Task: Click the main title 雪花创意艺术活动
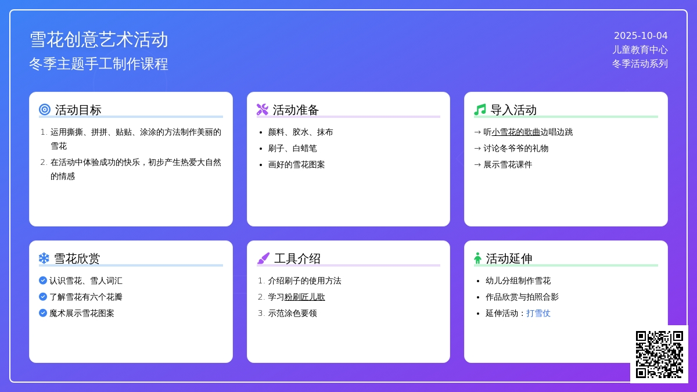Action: [99, 40]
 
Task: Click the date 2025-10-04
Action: [641, 36]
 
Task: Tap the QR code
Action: [659, 354]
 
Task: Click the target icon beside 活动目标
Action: [45, 110]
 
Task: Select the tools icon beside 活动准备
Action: [263, 110]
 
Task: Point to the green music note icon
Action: [480, 110]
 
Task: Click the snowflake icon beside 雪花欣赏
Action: [44, 258]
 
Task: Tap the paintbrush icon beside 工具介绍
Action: [263, 258]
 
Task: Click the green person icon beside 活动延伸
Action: [477, 258]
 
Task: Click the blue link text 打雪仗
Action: [538, 313]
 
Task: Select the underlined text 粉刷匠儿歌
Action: [304, 297]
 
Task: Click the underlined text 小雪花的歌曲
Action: [516, 132]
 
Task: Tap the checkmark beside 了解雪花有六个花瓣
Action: [43, 297]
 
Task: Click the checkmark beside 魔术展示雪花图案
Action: [43, 313]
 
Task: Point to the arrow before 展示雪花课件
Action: [477, 164]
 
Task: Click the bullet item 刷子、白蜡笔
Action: [293, 149]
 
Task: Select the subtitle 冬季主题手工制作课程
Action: [99, 64]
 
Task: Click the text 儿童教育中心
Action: [640, 50]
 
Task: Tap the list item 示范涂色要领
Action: [293, 313]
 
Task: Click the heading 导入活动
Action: [513, 110]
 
